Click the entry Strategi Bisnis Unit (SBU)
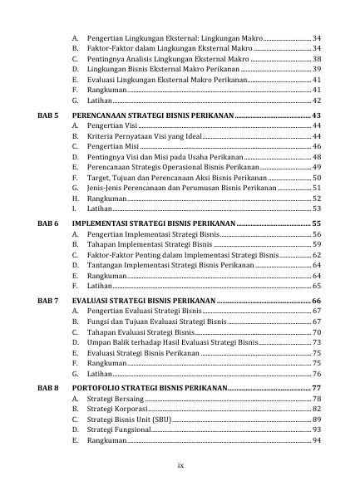pos(127,420)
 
